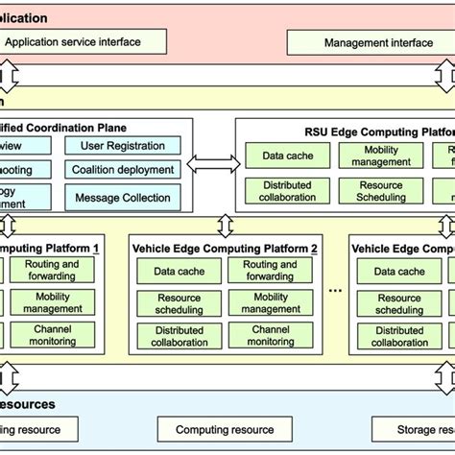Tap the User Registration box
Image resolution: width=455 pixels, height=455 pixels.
121,147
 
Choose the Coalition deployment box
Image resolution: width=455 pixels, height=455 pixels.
121,171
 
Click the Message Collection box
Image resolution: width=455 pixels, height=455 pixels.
121,198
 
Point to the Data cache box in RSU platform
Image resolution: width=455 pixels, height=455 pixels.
287,156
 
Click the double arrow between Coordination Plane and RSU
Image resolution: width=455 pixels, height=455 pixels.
207,166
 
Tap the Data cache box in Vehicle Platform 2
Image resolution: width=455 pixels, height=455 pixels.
179,272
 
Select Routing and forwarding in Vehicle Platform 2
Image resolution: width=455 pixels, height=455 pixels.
269,271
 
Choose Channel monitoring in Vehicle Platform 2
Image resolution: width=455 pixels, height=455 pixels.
269,335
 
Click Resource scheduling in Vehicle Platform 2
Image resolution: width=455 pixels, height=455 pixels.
179,303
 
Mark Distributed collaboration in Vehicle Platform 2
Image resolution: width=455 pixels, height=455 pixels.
179,336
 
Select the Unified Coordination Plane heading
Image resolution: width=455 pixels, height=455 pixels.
63,127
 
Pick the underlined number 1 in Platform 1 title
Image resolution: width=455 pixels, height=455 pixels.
96,248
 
